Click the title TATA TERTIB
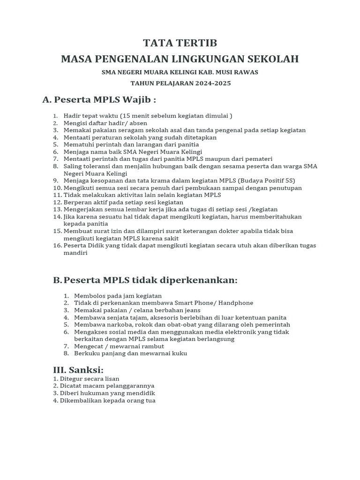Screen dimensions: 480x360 click(180, 43)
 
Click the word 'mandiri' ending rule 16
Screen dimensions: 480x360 click(75, 253)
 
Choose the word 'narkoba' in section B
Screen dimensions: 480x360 click(113, 325)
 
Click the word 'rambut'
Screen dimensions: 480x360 click(152, 346)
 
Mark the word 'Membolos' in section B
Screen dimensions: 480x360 click(90, 296)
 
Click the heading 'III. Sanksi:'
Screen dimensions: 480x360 click(78, 370)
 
